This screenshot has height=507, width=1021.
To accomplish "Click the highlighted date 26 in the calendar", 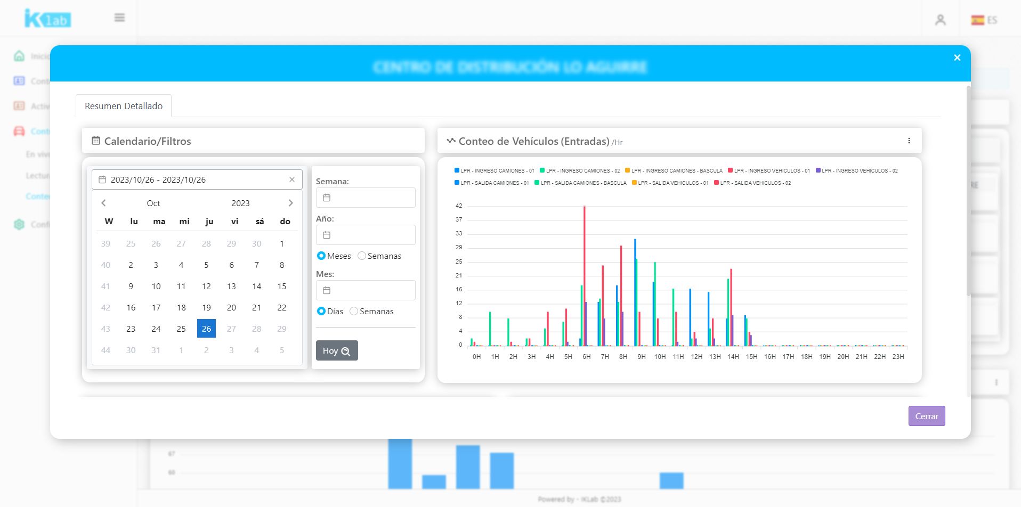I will click(x=206, y=329).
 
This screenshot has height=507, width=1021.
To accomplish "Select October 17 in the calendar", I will click(x=156, y=307).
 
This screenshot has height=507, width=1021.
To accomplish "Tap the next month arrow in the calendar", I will click(x=290, y=203).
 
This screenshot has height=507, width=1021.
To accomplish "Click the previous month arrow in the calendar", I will click(x=103, y=203).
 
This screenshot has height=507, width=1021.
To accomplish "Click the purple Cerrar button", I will click(x=926, y=416).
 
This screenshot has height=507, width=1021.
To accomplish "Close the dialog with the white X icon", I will click(x=957, y=58).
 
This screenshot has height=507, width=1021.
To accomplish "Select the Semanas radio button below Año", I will click(x=362, y=256).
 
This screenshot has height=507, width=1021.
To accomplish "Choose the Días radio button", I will click(x=321, y=311).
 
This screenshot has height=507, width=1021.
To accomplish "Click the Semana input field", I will click(x=366, y=198).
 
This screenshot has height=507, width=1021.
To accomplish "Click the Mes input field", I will click(x=366, y=290).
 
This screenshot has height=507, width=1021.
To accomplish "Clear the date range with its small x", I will click(x=292, y=179).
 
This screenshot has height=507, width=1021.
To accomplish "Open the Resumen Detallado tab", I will click(x=124, y=106).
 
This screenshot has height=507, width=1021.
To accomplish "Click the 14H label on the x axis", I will click(x=733, y=357).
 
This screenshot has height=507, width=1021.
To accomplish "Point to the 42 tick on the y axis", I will click(x=459, y=206).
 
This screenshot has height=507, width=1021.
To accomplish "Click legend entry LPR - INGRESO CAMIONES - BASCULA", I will click(x=676, y=171).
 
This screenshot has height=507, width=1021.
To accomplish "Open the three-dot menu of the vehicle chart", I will click(x=909, y=141).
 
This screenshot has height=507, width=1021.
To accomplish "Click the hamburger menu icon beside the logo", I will click(x=119, y=18).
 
